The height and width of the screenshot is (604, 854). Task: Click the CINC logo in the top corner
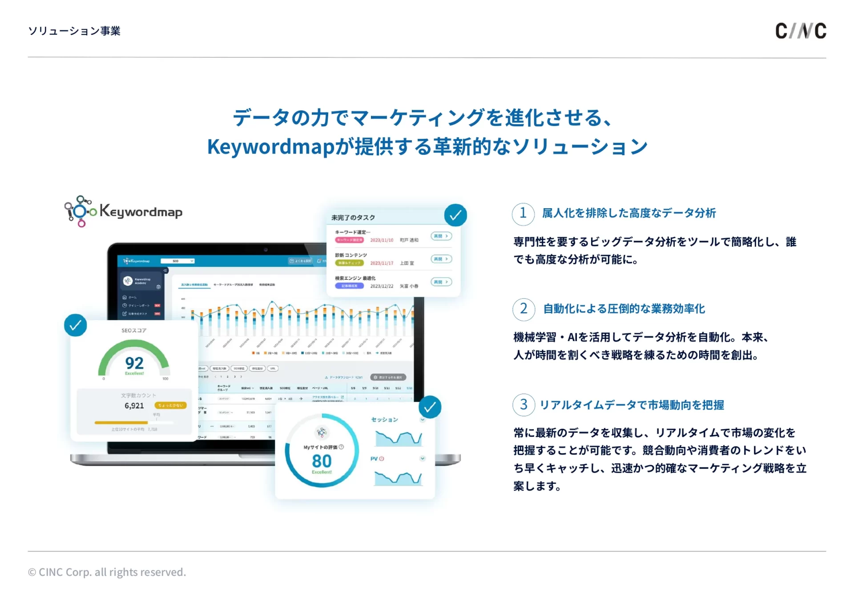point(800,31)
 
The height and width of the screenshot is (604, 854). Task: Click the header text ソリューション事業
point(74,31)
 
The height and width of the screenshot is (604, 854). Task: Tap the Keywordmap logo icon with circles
point(80,211)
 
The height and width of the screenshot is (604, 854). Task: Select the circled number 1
point(523,213)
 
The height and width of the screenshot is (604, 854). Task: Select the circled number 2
point(524,309)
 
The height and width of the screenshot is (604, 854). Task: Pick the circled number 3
point(524,405)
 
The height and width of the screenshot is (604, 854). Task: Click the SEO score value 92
point(134,363)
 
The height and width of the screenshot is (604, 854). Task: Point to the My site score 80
point(322,461)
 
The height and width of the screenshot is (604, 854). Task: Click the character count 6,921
point(134,406)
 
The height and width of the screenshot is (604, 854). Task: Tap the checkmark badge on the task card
point(455,215)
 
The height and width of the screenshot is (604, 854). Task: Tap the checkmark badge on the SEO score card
point(76,325)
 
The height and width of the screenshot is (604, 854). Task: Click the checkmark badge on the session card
point(430,407)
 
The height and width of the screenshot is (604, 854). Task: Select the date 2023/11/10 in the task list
point(382,240)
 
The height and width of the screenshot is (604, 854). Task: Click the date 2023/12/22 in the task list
point(382,286)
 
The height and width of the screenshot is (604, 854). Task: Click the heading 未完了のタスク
point(353,217)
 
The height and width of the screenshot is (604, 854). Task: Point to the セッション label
point(384,419)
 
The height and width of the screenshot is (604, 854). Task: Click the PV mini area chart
point(398,478)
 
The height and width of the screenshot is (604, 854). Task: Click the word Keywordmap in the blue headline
point(270,147)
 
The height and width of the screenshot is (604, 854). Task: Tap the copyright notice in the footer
point(107,572)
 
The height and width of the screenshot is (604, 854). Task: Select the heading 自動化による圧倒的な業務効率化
point(624,309)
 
